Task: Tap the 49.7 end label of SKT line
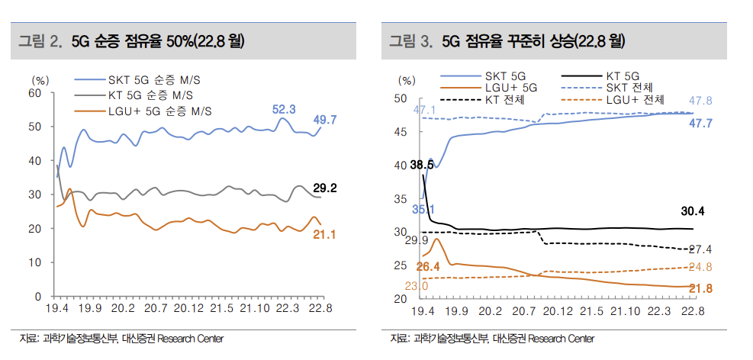(325, 120)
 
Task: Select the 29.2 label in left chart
(325, 188)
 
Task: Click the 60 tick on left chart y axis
(34, 93)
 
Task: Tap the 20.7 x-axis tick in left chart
(156, 309)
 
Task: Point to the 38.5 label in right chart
(421, 165)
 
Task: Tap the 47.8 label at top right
(700, 101)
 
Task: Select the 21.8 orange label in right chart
(700, 288)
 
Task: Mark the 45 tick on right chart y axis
(401, 132)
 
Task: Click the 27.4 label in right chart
(700, 249)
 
